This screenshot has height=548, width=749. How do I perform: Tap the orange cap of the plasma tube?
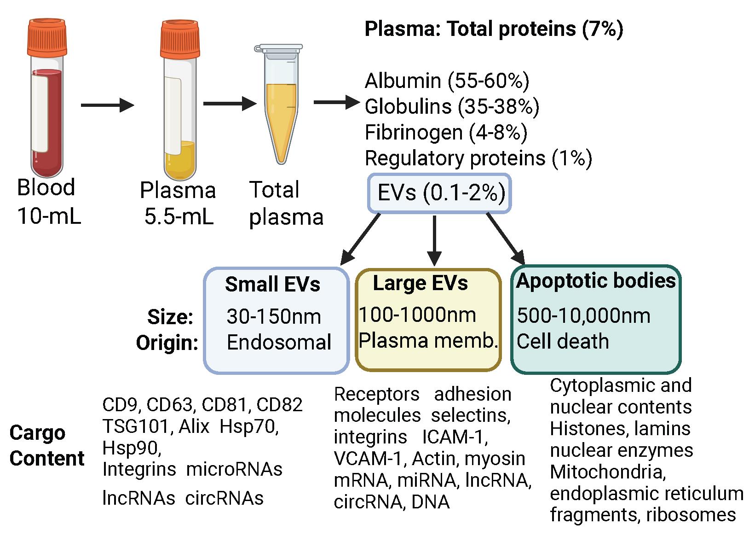(x=180, y=37)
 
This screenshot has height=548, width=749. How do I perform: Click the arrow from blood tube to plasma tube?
(x=107, y=105)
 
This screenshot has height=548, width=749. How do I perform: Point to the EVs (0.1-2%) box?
(x=439, y=193)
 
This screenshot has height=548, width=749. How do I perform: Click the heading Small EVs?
(x=272, y=284)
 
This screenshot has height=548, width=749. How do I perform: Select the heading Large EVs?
(x=420, y=283)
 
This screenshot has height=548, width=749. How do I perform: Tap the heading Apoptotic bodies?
(x=596, y=280)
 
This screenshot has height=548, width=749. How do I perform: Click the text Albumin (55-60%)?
(x=447, y=81)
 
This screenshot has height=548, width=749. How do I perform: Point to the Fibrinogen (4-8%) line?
(x=446, y=133)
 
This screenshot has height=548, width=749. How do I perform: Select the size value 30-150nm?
(x=274, y=316)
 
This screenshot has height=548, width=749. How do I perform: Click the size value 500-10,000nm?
(x=583, y=316)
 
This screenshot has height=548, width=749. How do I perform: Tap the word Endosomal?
(x=279, y=342)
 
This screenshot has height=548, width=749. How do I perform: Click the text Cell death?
(x=562, y=341)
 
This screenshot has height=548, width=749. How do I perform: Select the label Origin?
(x=167, y=343)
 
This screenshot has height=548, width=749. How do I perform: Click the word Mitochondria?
(x=608, y=472)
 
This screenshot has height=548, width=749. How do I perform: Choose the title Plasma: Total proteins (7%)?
(x=494, y=29)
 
